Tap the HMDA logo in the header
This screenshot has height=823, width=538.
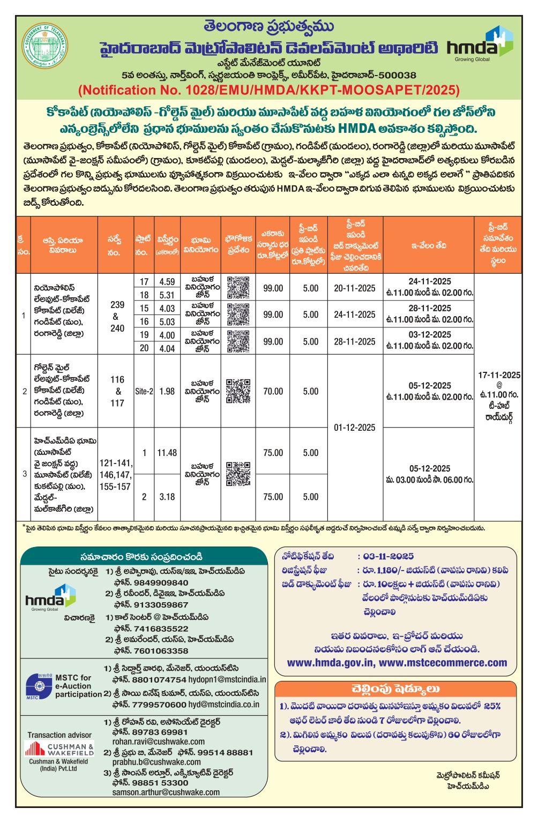(480, 44)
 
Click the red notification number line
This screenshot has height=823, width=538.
(268, 90)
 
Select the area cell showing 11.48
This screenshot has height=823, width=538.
(167, 453)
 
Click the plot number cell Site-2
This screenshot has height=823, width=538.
(144, 392)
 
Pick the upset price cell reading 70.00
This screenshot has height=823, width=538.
(273, 392)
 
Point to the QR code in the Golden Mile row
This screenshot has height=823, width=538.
(238, 391)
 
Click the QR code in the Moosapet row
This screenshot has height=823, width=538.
(238, 474)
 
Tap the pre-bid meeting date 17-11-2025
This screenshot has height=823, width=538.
(499, 375)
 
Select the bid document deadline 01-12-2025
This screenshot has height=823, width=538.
(355, 428)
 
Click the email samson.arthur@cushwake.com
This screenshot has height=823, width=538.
(166, 792)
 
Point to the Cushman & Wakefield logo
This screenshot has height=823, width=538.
(59, 749)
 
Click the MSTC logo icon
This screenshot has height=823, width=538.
(39, 686)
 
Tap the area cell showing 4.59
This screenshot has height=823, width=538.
(167, 282)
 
